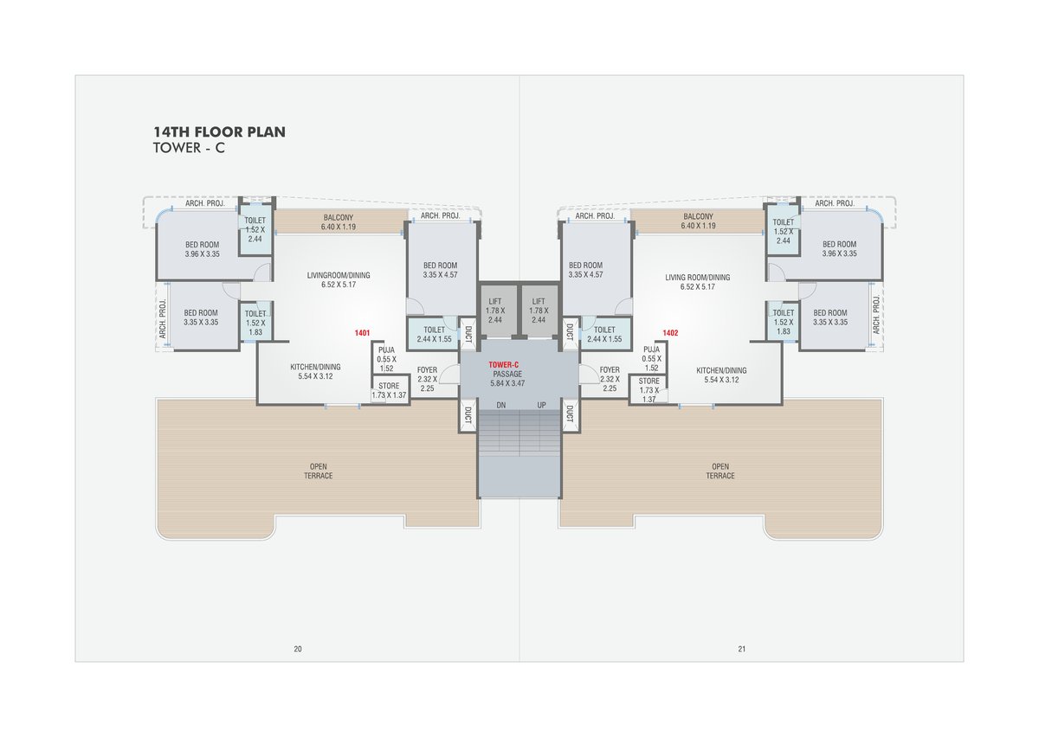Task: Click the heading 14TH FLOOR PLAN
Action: point(219,132)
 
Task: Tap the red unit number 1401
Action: point(362,333)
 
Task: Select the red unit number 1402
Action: point(670,333)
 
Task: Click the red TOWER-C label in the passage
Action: point(503,365)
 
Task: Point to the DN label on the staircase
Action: point(501,405)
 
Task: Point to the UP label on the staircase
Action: point(541,405)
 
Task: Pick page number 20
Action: point(298,649)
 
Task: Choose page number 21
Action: point(742,649)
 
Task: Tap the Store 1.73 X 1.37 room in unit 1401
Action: point(389,390)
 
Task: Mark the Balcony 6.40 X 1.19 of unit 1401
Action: point(339,222)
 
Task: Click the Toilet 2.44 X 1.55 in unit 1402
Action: point(604,334)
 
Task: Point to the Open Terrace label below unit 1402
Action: point(720,471)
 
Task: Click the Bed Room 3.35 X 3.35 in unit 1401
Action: point(201,317)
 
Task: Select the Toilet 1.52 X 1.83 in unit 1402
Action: point(784,322)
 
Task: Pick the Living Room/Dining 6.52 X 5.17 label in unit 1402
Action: point(698,282)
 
